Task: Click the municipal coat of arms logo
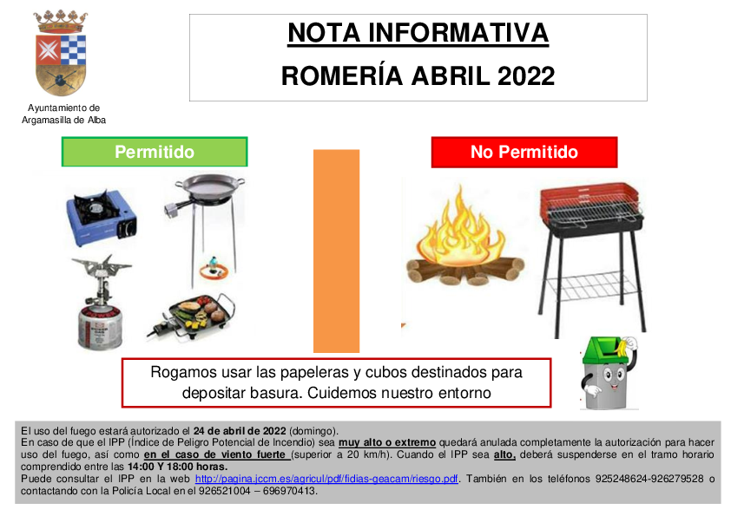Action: tap(61, 53)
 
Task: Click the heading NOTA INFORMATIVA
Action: tap(418, 33)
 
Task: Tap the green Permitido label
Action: tap(155, 152)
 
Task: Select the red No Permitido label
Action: tap(524, 152)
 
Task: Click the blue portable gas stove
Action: tap(102, 217)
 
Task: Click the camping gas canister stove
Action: tap(100, 303)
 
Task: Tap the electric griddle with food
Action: tap(192, 316)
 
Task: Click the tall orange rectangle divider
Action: tap(336, 251)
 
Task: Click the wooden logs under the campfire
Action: tap(465, 271)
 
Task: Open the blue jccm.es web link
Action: tap(326, 479)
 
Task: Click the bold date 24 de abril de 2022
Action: tap(240, 431)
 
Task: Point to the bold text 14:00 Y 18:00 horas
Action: tap(178, 467)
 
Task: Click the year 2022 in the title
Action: tap(526, 76)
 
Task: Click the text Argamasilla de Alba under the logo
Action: tap(64, 121)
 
